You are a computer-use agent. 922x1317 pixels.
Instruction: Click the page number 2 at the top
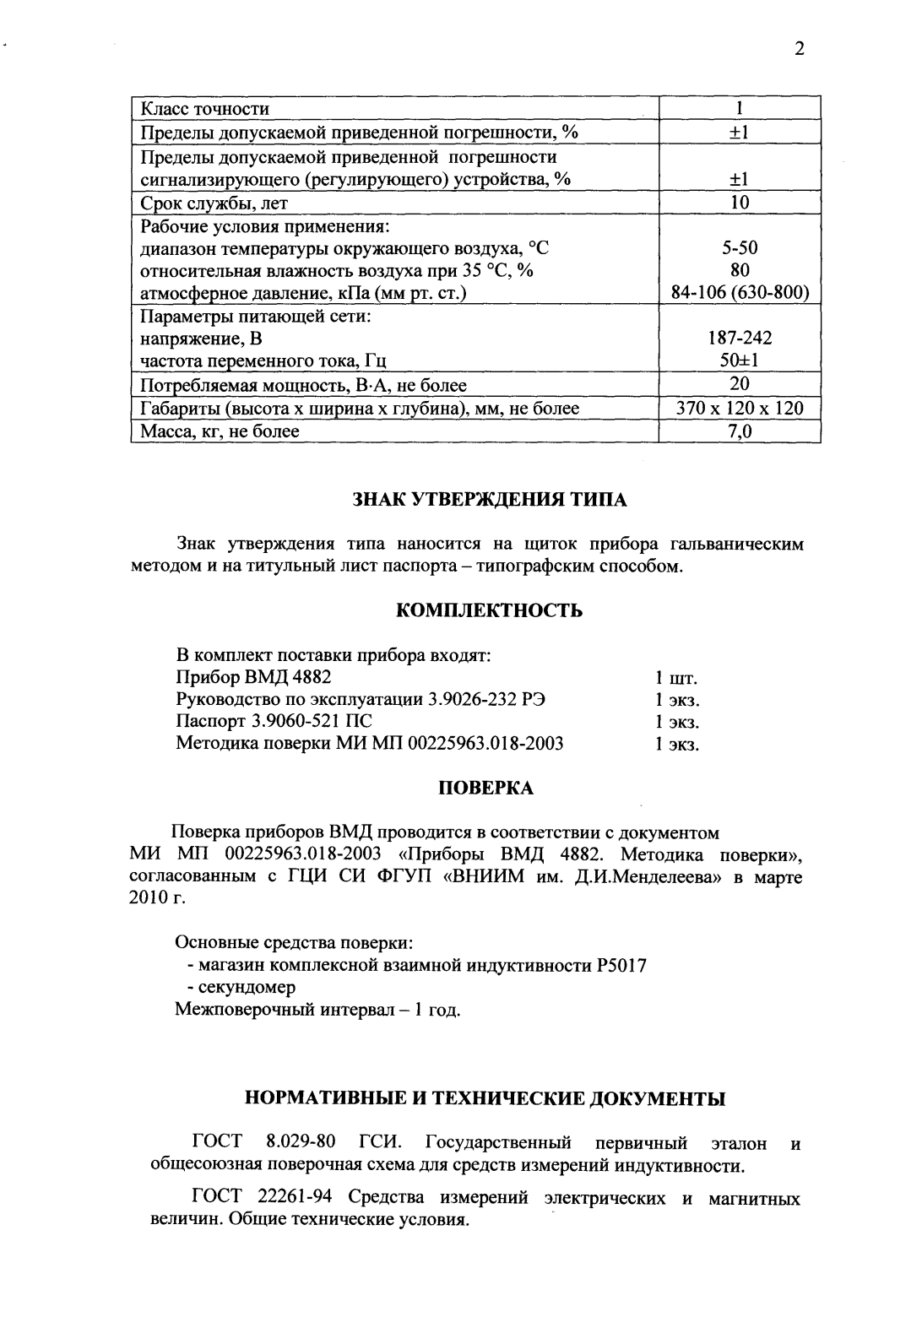(799, 48)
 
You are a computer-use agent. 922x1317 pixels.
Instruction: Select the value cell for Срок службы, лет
(739, 203)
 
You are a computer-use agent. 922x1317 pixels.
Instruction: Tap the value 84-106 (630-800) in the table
(739, 293)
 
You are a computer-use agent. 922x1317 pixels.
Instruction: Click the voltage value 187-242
(739, 339)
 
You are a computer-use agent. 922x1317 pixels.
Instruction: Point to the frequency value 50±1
(739, 361)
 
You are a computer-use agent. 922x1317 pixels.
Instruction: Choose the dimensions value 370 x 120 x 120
(739, 409)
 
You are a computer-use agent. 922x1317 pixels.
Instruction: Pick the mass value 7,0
(739, 431)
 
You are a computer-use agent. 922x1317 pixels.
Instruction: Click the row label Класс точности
(204, 109)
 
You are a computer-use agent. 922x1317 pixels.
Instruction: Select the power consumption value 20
(739, 385)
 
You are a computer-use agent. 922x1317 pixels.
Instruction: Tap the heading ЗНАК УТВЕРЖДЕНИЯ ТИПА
(489, 500)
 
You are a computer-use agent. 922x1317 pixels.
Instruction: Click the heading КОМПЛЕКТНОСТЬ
(489, 610)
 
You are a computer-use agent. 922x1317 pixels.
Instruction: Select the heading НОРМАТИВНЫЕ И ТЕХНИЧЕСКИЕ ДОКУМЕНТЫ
(485, 1098)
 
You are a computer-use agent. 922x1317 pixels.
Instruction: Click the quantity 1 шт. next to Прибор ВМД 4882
(676, 678)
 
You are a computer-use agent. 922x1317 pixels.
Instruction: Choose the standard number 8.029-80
(301, 1143)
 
